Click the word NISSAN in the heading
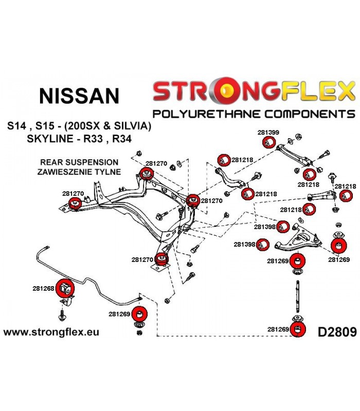79,96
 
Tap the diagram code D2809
337,332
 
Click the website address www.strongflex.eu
51,332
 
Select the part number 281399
268,133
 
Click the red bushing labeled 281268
65,288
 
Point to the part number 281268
43,288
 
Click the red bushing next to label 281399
268,142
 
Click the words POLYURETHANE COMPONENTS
254,114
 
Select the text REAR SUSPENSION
79,162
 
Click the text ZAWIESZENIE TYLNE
79,172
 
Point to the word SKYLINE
50,138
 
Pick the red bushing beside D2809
298,330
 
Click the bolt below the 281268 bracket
62,315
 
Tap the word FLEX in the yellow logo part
318,90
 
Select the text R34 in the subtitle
122,138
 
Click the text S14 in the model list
17,126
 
